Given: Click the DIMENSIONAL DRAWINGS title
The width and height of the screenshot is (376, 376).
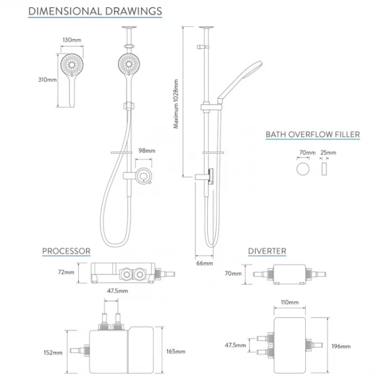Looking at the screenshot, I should [x=95, y=11].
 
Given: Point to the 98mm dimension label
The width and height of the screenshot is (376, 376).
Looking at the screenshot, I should [x=147, y=150].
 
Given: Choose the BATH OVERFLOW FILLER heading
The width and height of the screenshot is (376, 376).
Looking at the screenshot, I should [x=312, y=134].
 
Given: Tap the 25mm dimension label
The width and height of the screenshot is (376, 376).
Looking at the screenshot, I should [x=329, y=153].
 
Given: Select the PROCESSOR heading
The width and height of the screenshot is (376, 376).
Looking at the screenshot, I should [x=66, y=251].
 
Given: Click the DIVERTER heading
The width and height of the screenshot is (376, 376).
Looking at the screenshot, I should [x=267, y=251].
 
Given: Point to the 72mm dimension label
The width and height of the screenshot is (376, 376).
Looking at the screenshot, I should [x=66, y=272].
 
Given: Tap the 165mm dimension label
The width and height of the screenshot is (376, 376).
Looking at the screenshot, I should [x=175, y=351].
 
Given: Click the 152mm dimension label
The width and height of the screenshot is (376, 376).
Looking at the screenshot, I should [x=54, y=351].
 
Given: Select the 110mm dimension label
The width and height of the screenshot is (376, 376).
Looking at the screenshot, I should [x=290, y=302].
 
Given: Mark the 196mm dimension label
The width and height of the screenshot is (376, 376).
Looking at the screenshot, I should [x=341, y=346].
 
